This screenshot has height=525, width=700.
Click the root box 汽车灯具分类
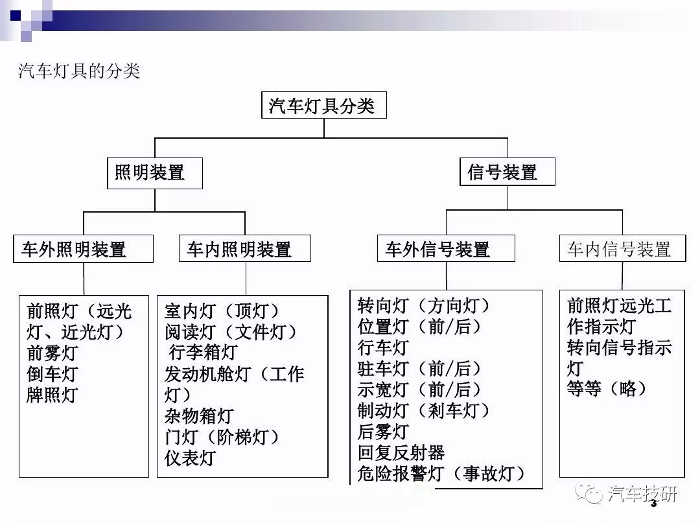point(323,106)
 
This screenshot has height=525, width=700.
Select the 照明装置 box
point(154,173)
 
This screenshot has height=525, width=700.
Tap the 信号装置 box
point(507,171)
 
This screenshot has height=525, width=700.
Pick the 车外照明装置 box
point(83,249)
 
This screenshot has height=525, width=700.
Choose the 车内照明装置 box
point(244,248)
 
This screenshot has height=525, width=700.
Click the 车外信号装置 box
point(446,248)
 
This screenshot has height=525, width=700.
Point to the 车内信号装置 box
point(622,248)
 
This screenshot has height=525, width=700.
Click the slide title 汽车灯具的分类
point(79,71)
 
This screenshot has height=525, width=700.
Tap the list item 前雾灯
point(52,353)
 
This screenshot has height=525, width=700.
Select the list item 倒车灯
point(52,374)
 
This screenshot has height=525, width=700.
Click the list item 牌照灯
point(52,395)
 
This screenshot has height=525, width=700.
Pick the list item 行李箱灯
point(203,352)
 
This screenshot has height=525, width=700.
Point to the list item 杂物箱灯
point(199,415)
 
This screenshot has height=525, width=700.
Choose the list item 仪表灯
point(190,458)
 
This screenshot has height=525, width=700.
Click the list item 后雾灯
point(383,431)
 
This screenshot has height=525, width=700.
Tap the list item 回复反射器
point(401,452)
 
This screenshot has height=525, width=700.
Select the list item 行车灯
point(383,347)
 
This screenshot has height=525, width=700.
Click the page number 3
point(653,504)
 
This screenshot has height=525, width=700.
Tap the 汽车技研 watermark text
point(642,494)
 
